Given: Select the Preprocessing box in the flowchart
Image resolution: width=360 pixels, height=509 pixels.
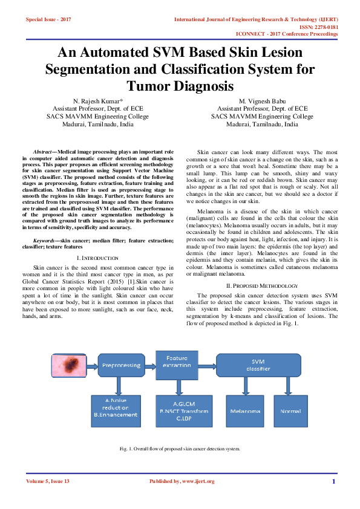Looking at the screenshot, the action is coord(121,365).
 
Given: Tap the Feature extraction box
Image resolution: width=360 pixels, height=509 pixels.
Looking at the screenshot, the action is coord(176,362).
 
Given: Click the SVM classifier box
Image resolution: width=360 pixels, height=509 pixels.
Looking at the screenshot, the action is coord(257,365).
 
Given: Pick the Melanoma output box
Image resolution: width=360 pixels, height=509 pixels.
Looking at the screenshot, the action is coord(245,410).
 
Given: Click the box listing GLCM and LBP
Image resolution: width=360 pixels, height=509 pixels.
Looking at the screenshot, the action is coord(183,410).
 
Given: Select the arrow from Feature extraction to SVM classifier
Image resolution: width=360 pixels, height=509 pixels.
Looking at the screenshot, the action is coord(207,365).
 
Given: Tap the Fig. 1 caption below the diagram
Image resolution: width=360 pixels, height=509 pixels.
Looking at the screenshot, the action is coord(180,449).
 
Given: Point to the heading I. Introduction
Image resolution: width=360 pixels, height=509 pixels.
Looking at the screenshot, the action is coord(98,258).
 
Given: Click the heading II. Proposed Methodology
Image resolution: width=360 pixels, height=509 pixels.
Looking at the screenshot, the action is coord(262,285).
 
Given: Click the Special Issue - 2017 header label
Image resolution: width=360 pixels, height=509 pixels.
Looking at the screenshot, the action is coord(48,20).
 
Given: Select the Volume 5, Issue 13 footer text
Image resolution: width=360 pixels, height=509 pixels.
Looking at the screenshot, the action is coord(48,481).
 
